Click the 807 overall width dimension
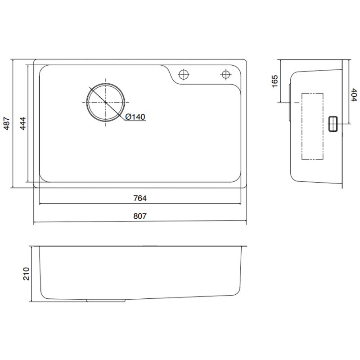click(x=140, y=216)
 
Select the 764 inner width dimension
click(x=140, y=198)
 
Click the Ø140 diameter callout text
click(x=135, y=117)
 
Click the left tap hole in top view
click(x=184, y=73)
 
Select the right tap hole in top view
click(x=224, y=73)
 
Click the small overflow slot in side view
click(x=334, y=123)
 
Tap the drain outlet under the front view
click(x=105, y=299)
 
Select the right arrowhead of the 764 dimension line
click(x=239, y=203)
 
